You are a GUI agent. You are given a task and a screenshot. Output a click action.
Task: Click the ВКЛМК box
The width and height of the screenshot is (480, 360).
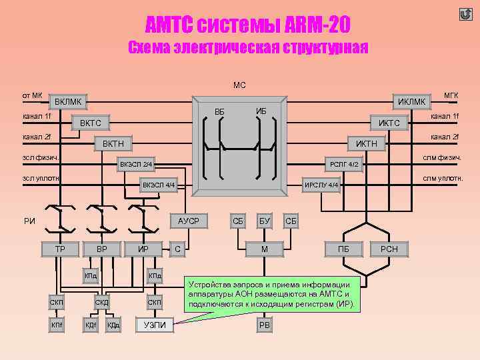tap(69, 102)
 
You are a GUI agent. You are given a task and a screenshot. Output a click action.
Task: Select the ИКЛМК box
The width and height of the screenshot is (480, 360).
tap(411, 101)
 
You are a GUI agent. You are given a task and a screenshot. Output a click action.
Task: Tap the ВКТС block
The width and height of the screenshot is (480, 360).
tap(91, 123)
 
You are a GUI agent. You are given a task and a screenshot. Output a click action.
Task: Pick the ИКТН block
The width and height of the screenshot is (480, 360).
tap(366, 143)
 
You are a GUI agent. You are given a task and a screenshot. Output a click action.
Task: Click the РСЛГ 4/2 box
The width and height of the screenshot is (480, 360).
tap(345, 164)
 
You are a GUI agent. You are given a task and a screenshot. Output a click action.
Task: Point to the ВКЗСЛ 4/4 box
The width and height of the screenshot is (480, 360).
tap(159, 185)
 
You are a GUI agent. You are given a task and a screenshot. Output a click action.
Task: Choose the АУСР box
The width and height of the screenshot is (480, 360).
tap(189, 220)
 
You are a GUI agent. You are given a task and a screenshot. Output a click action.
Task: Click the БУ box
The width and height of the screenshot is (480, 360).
tap(264, 220)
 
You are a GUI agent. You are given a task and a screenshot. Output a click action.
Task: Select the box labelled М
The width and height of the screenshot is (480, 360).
tap(264, 249)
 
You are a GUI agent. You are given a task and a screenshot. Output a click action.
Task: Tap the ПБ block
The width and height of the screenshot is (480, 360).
tap(344, 249)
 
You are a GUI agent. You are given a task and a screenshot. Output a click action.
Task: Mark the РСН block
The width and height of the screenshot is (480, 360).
tap(389, 249)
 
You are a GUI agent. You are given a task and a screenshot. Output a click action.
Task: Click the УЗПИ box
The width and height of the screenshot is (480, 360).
tap(155, 325)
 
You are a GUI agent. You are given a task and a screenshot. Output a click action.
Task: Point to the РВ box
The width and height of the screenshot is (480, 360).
tap(264, 325)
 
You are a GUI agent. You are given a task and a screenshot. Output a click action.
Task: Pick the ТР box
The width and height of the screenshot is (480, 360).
tap(59, 249)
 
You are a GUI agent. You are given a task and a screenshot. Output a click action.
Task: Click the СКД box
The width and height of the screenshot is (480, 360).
tap(102, 303)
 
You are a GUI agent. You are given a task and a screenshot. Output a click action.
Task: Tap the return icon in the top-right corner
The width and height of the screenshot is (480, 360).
tap(465, 14)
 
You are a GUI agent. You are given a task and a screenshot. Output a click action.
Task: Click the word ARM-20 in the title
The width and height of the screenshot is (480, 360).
tap(313, 26)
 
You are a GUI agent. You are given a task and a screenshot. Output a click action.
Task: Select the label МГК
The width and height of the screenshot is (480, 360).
tap(451, 96)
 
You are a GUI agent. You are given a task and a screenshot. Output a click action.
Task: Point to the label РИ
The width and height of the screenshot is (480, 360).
tap(29, 221)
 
